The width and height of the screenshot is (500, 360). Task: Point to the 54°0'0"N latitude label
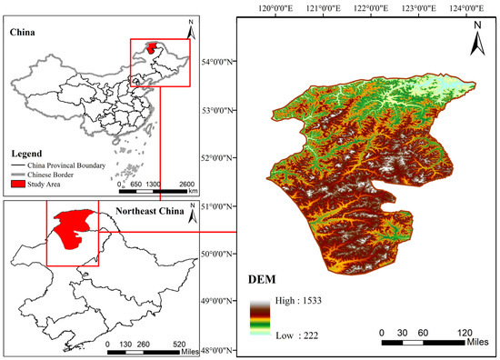(x=215, y=62)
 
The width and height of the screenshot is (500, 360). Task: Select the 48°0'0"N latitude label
(x=215, y=348)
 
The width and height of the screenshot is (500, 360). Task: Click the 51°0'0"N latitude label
(x=215, y=205)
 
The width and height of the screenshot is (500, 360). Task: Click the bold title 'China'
(x=24, y=33)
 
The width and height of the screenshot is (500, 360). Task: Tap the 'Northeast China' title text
(x=147, y=213)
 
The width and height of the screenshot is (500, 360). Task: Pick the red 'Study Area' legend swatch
(x=20, y=184)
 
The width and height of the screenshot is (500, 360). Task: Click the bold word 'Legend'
(x=26, y=153)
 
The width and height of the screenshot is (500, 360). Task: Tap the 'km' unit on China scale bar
(x=193, y=192)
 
